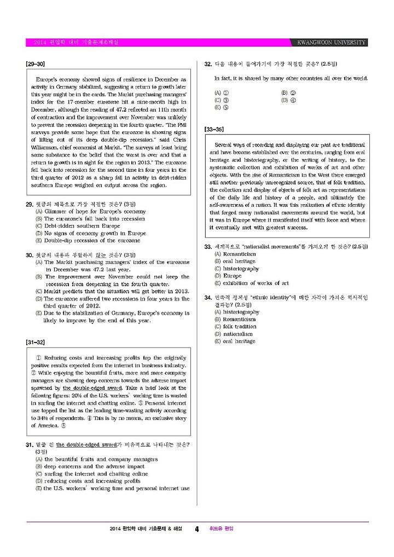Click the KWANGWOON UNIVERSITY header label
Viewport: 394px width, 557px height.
coord(332,43)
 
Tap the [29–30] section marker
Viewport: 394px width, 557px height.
coord(35,64)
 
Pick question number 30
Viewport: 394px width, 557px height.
coord(30,255)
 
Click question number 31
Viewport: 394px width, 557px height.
coord(30,445)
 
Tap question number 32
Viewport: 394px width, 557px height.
coord(208,64)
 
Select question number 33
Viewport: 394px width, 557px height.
coord(208,247)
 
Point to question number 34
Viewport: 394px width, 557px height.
coord(208,298)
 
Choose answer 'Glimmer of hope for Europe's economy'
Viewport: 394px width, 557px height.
coord(95,211)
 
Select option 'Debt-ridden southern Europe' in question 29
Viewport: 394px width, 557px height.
coord(82,225)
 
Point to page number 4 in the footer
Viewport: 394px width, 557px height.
coord(196,529)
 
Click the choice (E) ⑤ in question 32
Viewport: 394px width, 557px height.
coord(221,108)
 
